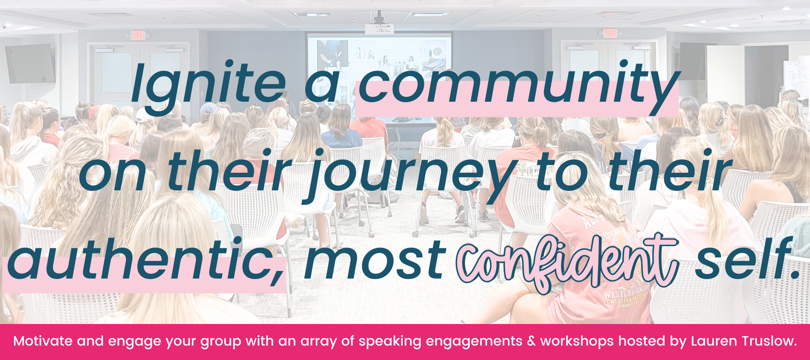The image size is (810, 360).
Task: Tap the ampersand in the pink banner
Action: click(531, 341)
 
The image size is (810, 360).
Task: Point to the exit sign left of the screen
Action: click(137, 35)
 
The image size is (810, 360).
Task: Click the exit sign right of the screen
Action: click(610, 33)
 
